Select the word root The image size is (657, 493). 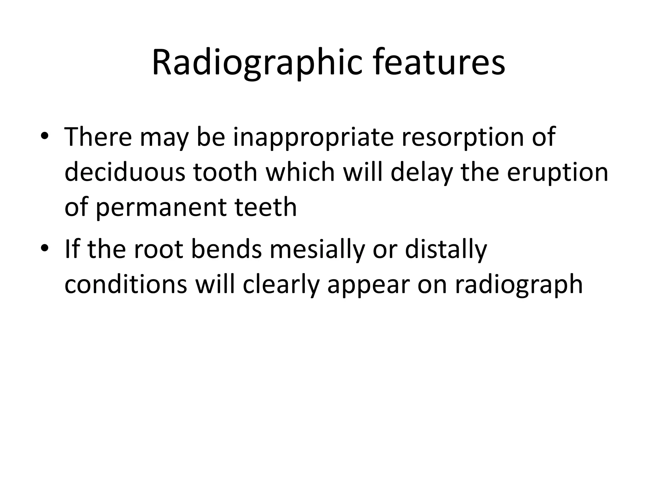click(x=158, y=250)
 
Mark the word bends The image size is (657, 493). click(x=226, y=249)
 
